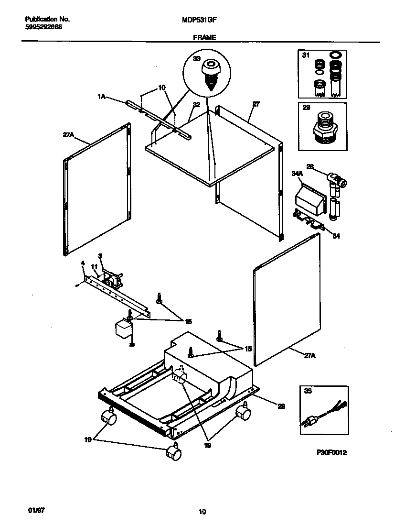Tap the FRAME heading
(x=204, y=37)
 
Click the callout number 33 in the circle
(x=196, y=59)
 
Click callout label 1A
(x=101, y=97)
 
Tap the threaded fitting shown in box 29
(x=323, y=128)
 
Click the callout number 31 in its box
(x=306, y=56)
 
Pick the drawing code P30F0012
(x=331, y=452)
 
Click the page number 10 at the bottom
(x=202, y=512)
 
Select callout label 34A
(x=297, y=174)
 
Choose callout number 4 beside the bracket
(x=83, y=263)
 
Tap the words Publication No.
(x=47, y=20)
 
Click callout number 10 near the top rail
(x=161, y=88)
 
